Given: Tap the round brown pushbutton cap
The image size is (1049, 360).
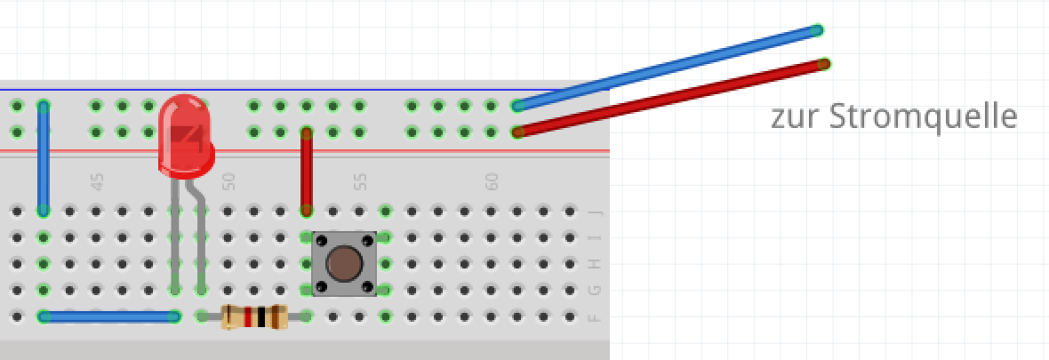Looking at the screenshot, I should point(344,263).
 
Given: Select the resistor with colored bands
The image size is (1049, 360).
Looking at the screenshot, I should point(254,316).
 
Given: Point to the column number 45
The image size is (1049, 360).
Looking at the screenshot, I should point(98,182).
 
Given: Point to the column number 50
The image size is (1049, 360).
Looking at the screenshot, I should point(228,182).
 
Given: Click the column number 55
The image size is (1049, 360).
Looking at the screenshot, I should point(360,182).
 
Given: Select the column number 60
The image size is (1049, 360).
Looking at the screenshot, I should point(491,182).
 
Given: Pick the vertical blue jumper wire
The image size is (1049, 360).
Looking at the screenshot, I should point(43,158).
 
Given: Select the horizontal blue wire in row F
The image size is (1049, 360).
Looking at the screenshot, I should point(108,316).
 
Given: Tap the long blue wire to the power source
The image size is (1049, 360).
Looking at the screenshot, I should point(667,68).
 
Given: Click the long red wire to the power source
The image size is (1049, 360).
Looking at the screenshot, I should point(672,98).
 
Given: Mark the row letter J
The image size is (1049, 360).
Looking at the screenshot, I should point(595,212).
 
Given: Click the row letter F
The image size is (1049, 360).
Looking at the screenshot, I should point(595,316).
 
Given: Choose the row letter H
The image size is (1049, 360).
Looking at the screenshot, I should point(595,264).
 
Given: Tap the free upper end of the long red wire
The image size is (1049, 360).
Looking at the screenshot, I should point(824,64).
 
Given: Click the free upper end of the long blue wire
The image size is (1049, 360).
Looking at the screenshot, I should point(817,30).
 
